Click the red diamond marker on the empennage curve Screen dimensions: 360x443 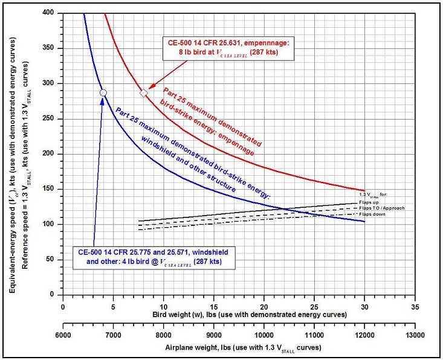(x=143, y=93)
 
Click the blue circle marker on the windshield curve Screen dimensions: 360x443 (x=103, y=92)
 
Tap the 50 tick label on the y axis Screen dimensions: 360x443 (x=55, y=259)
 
